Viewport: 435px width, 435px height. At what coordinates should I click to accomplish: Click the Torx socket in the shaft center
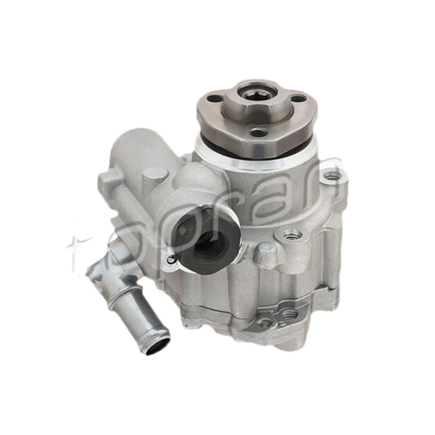[257, 95]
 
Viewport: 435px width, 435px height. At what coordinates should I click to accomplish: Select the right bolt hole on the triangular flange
[299, 98]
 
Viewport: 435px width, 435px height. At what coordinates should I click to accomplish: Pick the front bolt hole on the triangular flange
[259, 132]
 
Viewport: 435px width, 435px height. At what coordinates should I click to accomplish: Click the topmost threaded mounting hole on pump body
[332, 176]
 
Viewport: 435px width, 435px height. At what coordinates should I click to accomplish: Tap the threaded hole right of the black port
[292, 235]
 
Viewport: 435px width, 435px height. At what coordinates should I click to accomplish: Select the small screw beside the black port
[172, 260]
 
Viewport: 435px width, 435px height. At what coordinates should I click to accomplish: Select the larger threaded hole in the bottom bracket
[290, 314]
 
